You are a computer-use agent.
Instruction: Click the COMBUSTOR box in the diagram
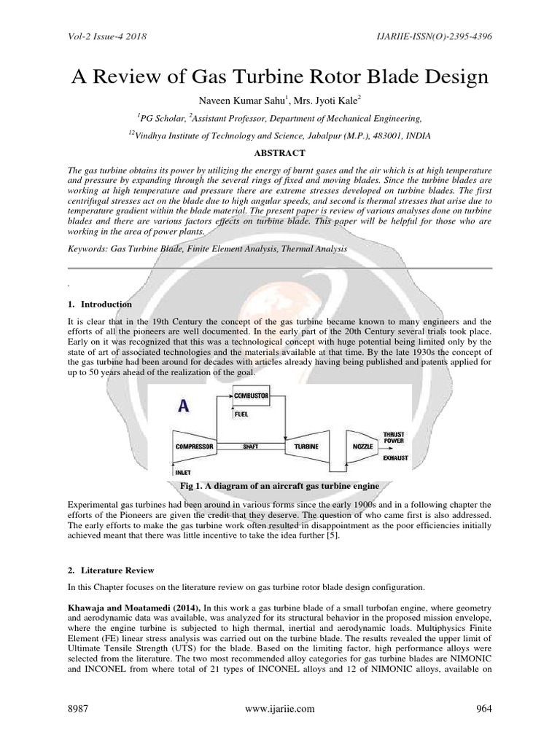[251, 396]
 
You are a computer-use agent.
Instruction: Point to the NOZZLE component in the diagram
[362, 444]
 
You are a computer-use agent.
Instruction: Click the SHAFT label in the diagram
[251, 444]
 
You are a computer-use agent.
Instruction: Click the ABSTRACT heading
[279, 152]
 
